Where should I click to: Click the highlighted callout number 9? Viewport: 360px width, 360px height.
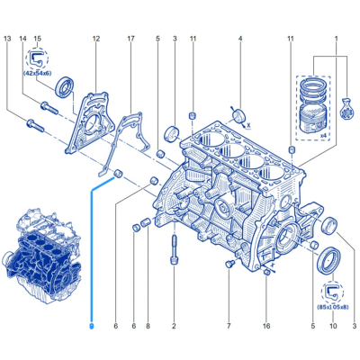coord(92,326)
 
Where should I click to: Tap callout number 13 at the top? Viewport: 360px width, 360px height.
coord(7,39)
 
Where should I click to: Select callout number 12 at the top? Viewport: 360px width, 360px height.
coord(96,39)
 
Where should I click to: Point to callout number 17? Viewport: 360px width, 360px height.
coord(131,39)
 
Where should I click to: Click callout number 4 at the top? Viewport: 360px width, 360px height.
coord(240,39)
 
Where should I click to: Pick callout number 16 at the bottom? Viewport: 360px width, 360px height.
coord(266,326)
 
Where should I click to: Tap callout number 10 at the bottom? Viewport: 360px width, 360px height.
coord(333,326)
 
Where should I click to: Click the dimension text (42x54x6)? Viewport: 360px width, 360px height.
coord(37,73)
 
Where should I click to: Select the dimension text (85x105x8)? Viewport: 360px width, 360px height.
coord(333,307)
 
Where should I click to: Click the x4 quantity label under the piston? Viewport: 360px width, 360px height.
coord(323,136)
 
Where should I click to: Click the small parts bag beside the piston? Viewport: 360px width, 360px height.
coord(346,107)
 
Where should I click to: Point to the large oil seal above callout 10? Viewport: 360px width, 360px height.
coord(328,260)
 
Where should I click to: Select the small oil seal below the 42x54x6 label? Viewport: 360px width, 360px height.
coord(64,87)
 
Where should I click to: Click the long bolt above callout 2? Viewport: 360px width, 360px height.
coord(175,249)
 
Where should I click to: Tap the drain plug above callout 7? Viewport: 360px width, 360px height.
coord(229,264)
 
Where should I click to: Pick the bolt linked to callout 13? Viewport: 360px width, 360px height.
coord(35,126)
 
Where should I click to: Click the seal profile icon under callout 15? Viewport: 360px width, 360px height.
coord(37,58)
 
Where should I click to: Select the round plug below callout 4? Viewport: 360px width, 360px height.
coord(239,116)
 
